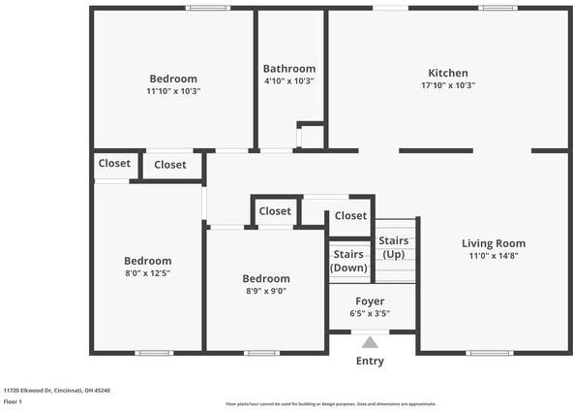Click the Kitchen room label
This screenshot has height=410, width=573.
[x=448, y=73]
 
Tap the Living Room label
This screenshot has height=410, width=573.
[x=493, y=243]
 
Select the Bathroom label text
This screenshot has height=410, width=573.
[x=289, y=69]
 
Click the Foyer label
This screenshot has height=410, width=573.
[x=370, y=301]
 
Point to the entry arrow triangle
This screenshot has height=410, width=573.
[x=370, y=342]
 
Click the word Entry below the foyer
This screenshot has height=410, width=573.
[x=370, y=361]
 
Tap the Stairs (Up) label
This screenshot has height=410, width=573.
[x=392, y=247]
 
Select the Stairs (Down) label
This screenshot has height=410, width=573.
[x=348, y=261]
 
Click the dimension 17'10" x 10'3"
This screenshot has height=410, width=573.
[x=448, y=85]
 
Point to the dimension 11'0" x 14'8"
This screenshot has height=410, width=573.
[x=493, y=256]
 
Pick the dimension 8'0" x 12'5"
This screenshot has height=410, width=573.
[x=148, y=273]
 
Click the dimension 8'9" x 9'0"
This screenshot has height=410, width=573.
[x=265, y=291]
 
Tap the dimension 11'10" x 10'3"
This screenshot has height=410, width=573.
[x=173, y=91]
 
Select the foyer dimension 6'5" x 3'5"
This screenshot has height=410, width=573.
[x=370, y=314]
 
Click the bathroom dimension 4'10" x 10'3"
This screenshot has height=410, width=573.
[x=289, y=80]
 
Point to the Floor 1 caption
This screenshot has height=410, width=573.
[x=13, y=401]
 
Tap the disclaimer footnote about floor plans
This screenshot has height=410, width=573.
[x=330, y=403]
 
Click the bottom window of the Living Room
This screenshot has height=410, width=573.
[x=490, y=353]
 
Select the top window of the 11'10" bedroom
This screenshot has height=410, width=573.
[x=208, y=9]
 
